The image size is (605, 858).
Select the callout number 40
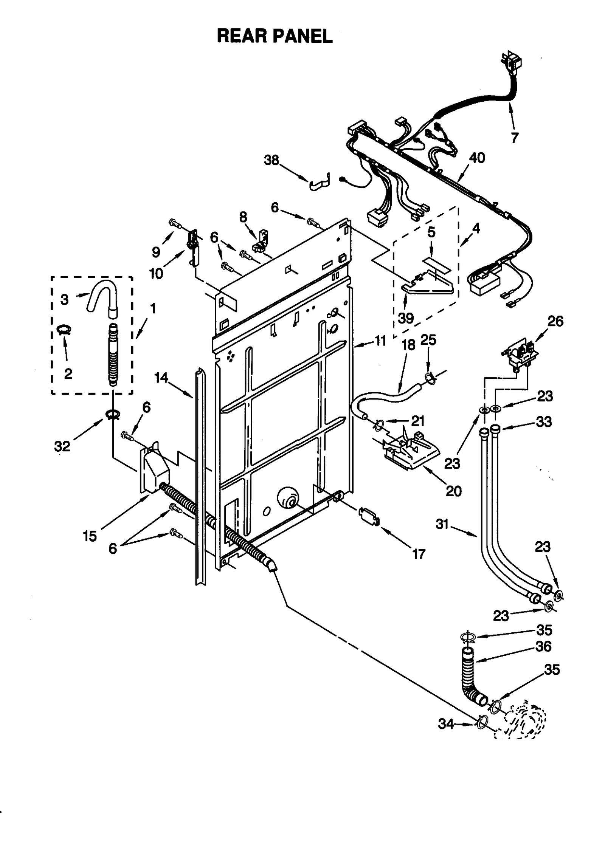[x=477, y=158]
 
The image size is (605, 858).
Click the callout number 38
[x=271, y=160]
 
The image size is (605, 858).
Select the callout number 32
[x=62, y=446]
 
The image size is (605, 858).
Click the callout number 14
[x=161, y=377]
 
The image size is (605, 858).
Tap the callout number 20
[x=453, y=491]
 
